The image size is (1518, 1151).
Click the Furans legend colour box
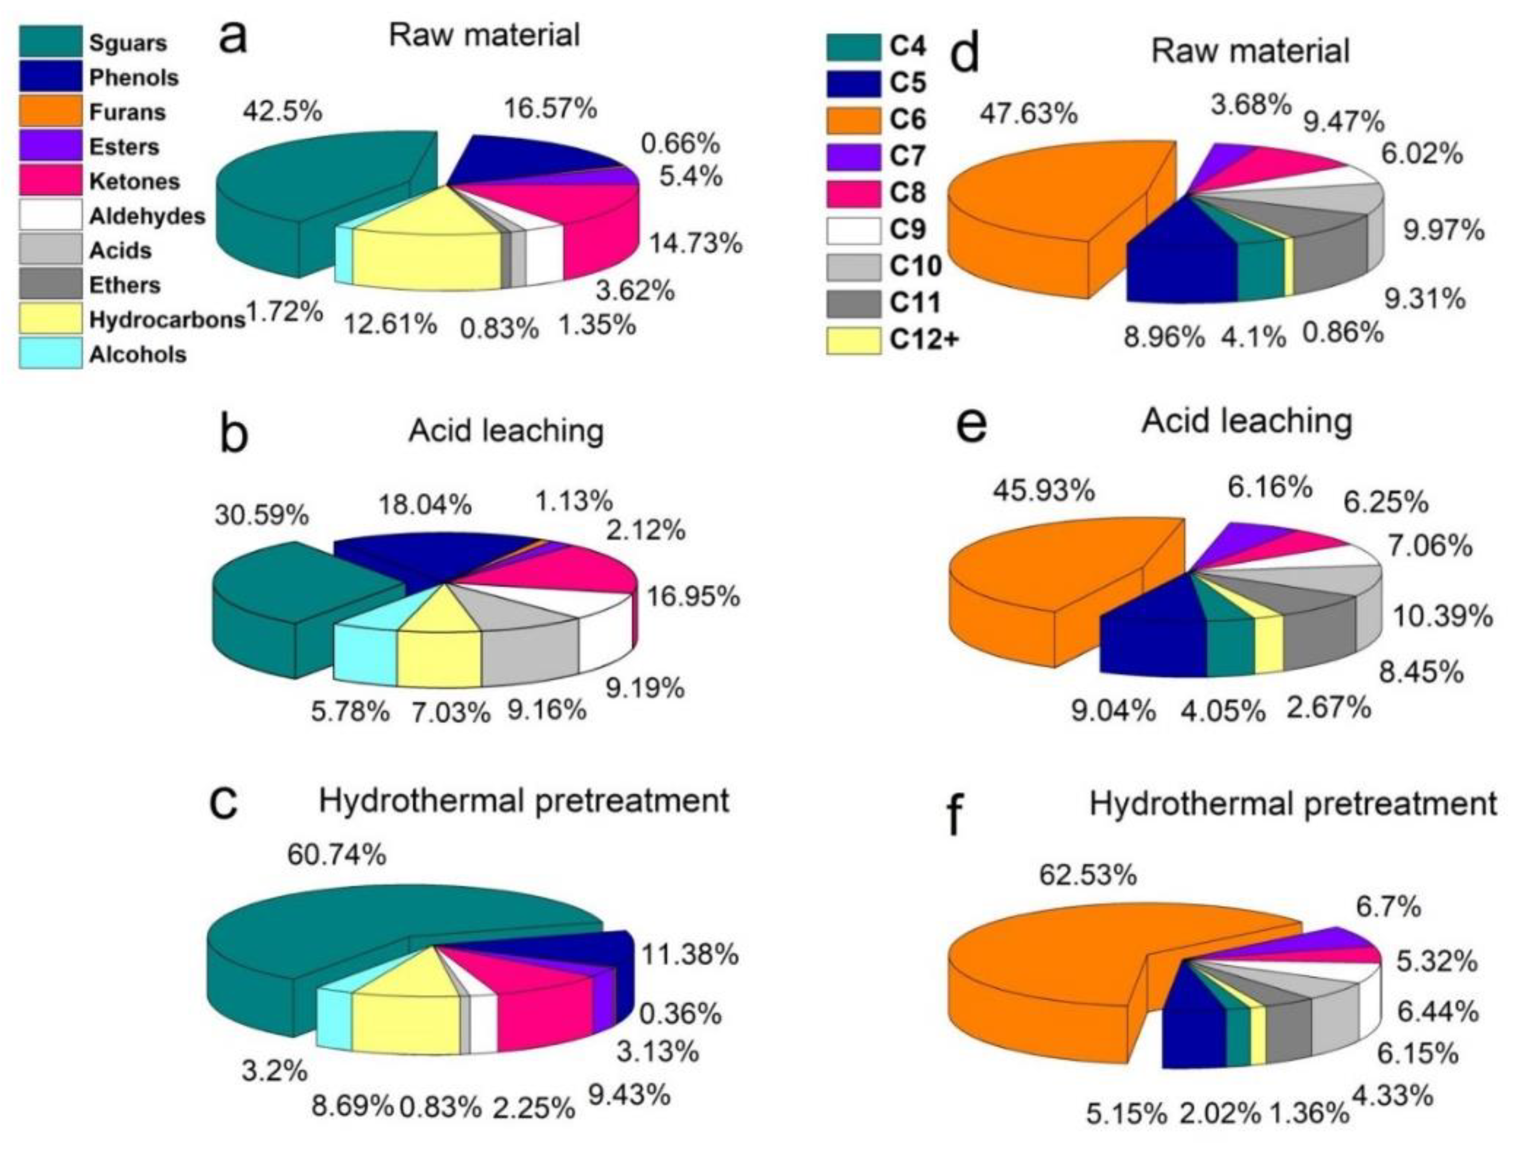[x=50, y=112]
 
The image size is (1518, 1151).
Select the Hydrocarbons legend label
[x=167, y=320]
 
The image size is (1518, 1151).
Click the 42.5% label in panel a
[x=281, y=111]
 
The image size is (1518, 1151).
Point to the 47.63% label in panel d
[x=1028, y=114]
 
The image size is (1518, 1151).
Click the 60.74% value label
[x=336, y=855]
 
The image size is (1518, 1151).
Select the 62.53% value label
[x=1088, y=875]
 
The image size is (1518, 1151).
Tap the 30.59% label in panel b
[x=262, y=515]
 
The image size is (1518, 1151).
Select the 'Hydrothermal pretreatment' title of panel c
[x=524, y=801]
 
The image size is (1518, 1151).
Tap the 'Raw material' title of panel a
[x=484, y=35]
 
